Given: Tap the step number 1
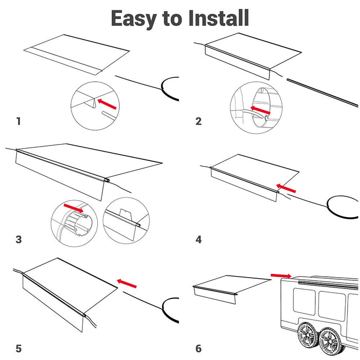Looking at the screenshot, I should [x=19, y=121].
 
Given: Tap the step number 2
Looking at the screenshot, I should [x=199, y=121].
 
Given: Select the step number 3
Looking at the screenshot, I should [x=19, y=239].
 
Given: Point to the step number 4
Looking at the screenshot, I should [x=199, y=239].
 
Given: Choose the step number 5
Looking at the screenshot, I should [x=19, y=349].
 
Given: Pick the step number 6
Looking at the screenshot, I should [x=199, y=349].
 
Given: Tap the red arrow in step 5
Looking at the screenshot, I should [x=127, y=282].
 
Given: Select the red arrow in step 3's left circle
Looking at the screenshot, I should [x=74, y=208].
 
